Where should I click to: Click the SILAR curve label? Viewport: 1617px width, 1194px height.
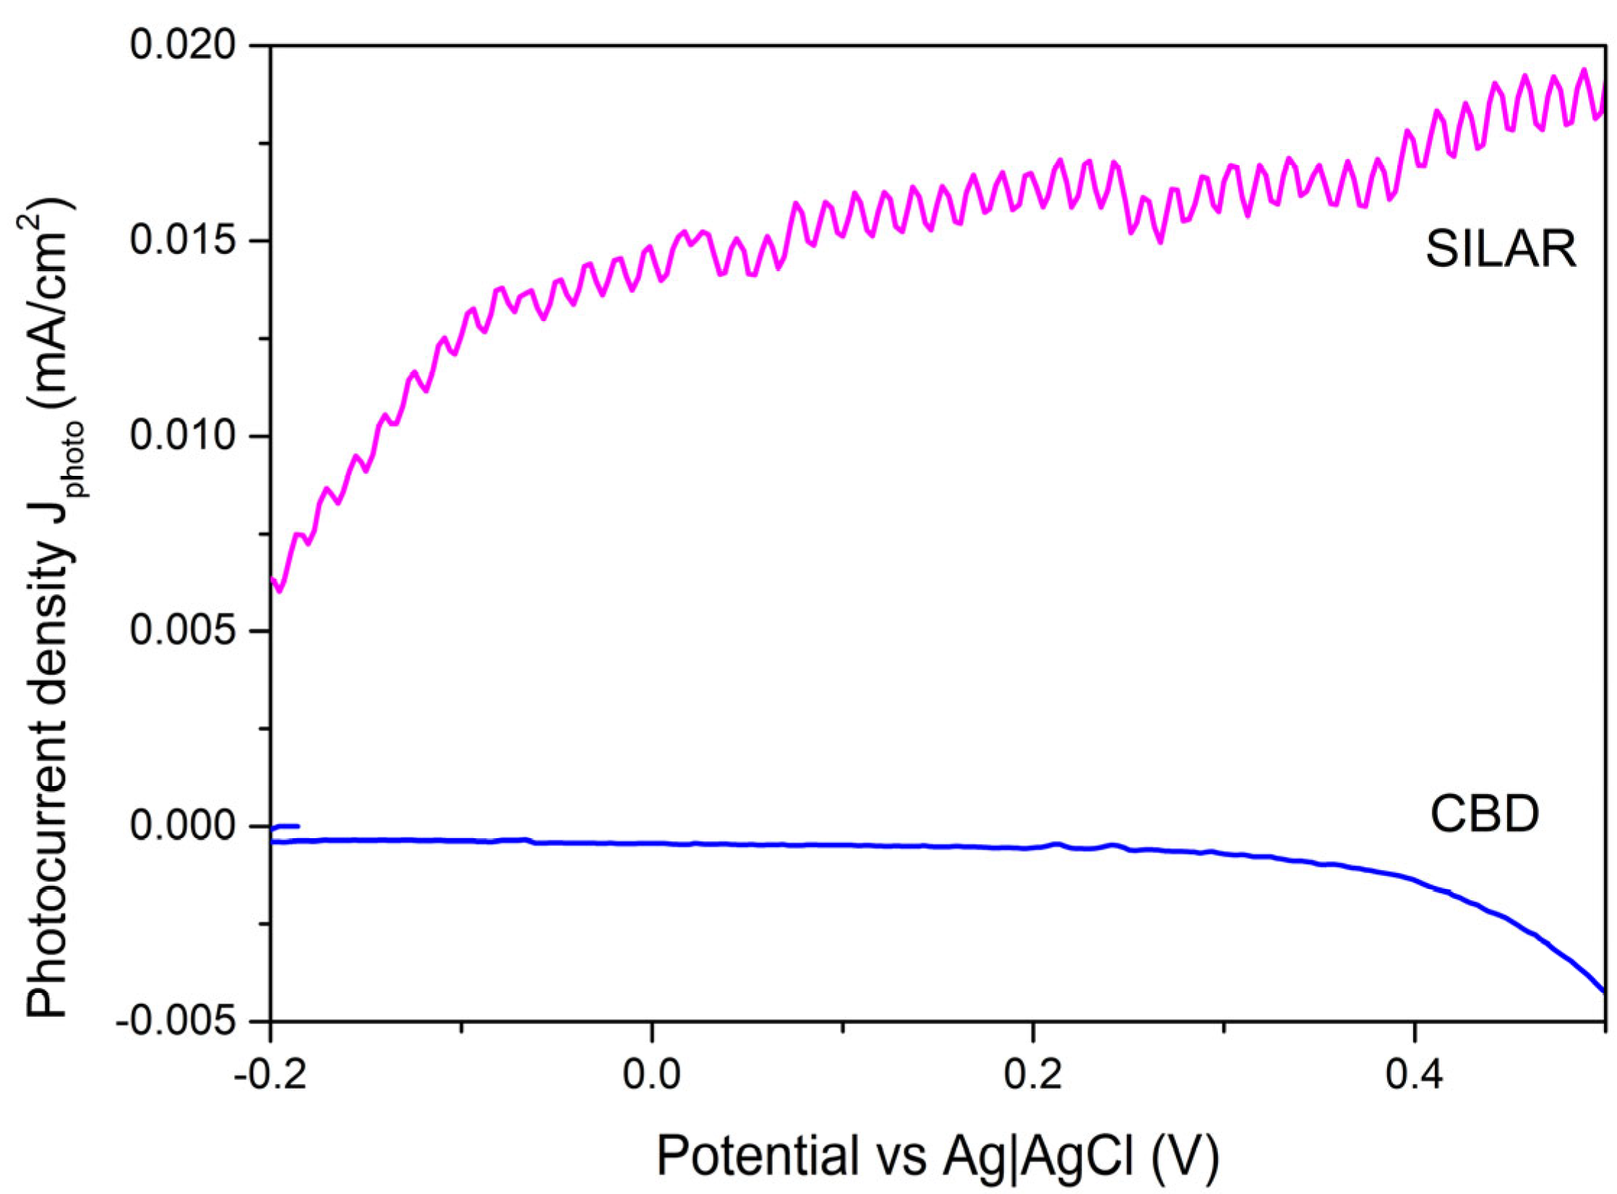pos(1500,250)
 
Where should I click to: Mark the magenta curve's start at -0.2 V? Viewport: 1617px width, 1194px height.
pos(272,579)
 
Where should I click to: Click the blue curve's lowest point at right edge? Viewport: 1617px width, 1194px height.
pos(1604,992)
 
